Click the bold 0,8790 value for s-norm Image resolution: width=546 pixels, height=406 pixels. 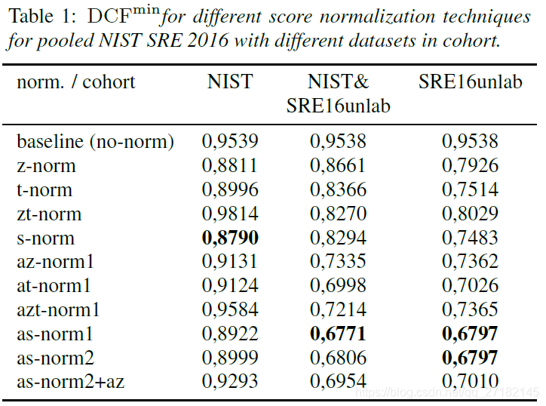(230, 238)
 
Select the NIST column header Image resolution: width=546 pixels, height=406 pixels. (230, 82)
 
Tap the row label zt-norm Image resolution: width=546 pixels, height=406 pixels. (49, 214)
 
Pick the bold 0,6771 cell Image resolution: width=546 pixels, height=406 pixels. (338, 334)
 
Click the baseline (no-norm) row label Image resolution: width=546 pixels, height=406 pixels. (96, 141)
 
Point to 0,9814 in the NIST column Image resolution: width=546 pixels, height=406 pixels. (230, 214)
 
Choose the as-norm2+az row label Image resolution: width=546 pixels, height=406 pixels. (71, 382)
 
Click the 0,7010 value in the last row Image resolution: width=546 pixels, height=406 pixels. (470, 382)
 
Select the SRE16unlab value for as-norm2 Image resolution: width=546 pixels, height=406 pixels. (470, 358)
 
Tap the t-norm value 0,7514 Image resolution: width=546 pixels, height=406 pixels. (470, 189)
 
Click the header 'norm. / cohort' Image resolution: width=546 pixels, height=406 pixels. (76, 82)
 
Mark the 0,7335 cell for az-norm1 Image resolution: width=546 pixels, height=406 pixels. (338, 262)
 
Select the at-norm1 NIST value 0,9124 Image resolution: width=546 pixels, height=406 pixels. (230, 285)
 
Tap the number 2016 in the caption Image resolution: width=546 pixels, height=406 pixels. (206, 40)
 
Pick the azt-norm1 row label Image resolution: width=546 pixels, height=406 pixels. (59, 309)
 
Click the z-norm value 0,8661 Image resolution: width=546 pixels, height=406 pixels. (338, 165)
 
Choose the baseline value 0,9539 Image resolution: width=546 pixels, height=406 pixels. (230, 141)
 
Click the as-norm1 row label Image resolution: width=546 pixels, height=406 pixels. (54, 334)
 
